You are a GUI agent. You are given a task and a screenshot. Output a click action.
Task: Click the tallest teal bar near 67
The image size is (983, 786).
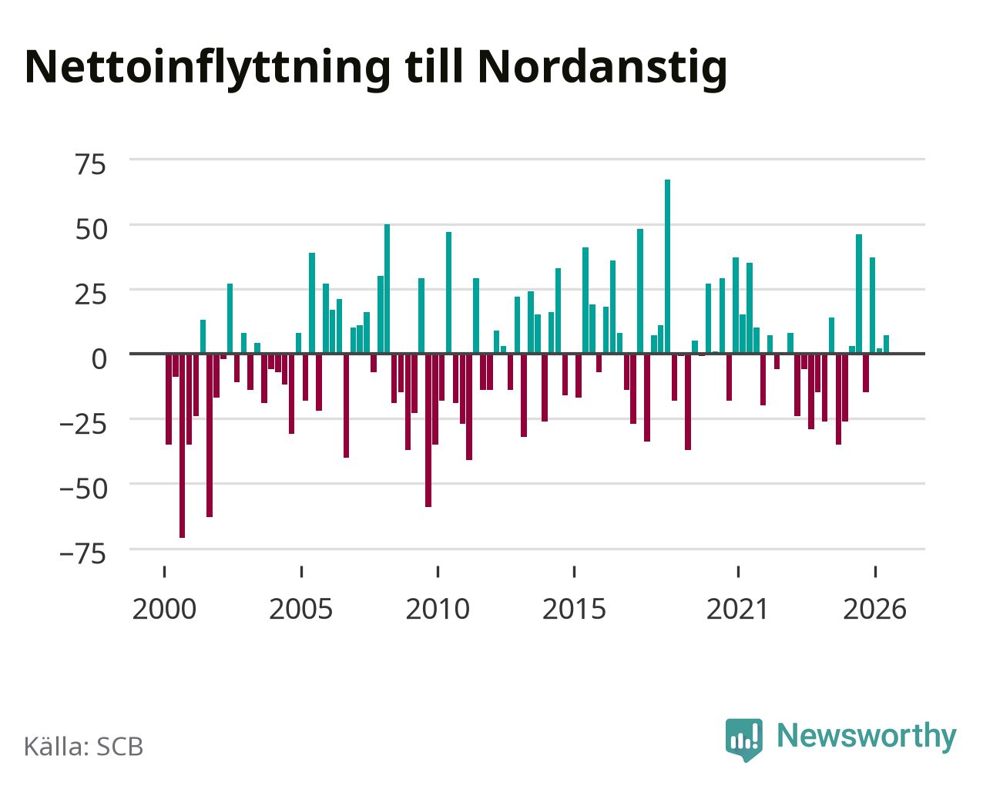click(x=667, y=267)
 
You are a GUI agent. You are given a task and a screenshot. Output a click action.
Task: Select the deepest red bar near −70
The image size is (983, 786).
click(x=183, y=445)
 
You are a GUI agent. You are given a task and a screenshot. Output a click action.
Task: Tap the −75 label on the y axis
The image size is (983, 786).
click(x=82, y=554)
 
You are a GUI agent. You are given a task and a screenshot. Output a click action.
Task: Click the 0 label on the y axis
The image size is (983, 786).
click(x=99, y=359)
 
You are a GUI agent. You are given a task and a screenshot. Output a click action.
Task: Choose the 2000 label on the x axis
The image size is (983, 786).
click(x=164, y=609)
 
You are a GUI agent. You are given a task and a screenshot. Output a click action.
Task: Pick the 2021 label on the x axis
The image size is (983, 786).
click(x=738, y=609)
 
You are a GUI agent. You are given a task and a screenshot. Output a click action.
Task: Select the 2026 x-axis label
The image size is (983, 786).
click(x=874, y=609)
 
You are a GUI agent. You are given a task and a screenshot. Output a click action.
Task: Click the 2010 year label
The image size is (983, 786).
click(x=438, y=609)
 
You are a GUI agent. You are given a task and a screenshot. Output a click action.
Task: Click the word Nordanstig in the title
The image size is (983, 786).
click(x=602, y=67)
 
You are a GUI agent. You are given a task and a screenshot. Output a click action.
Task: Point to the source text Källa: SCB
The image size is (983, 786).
click(x=84, y=747)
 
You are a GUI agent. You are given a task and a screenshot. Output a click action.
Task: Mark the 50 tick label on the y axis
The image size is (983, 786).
click(x=91, y=230)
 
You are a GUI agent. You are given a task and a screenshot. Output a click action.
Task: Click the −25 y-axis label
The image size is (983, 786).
click(x=82, y=424)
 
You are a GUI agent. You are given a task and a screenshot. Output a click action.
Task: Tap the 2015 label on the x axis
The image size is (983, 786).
click(x=574, y=609)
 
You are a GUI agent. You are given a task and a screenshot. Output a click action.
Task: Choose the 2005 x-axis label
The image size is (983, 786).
click(x=301, y=609)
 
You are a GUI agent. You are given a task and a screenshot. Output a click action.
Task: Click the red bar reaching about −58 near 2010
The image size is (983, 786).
click(x=428, y=430)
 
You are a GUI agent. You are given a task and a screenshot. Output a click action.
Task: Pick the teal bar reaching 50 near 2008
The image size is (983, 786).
click(x=387, y=289)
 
